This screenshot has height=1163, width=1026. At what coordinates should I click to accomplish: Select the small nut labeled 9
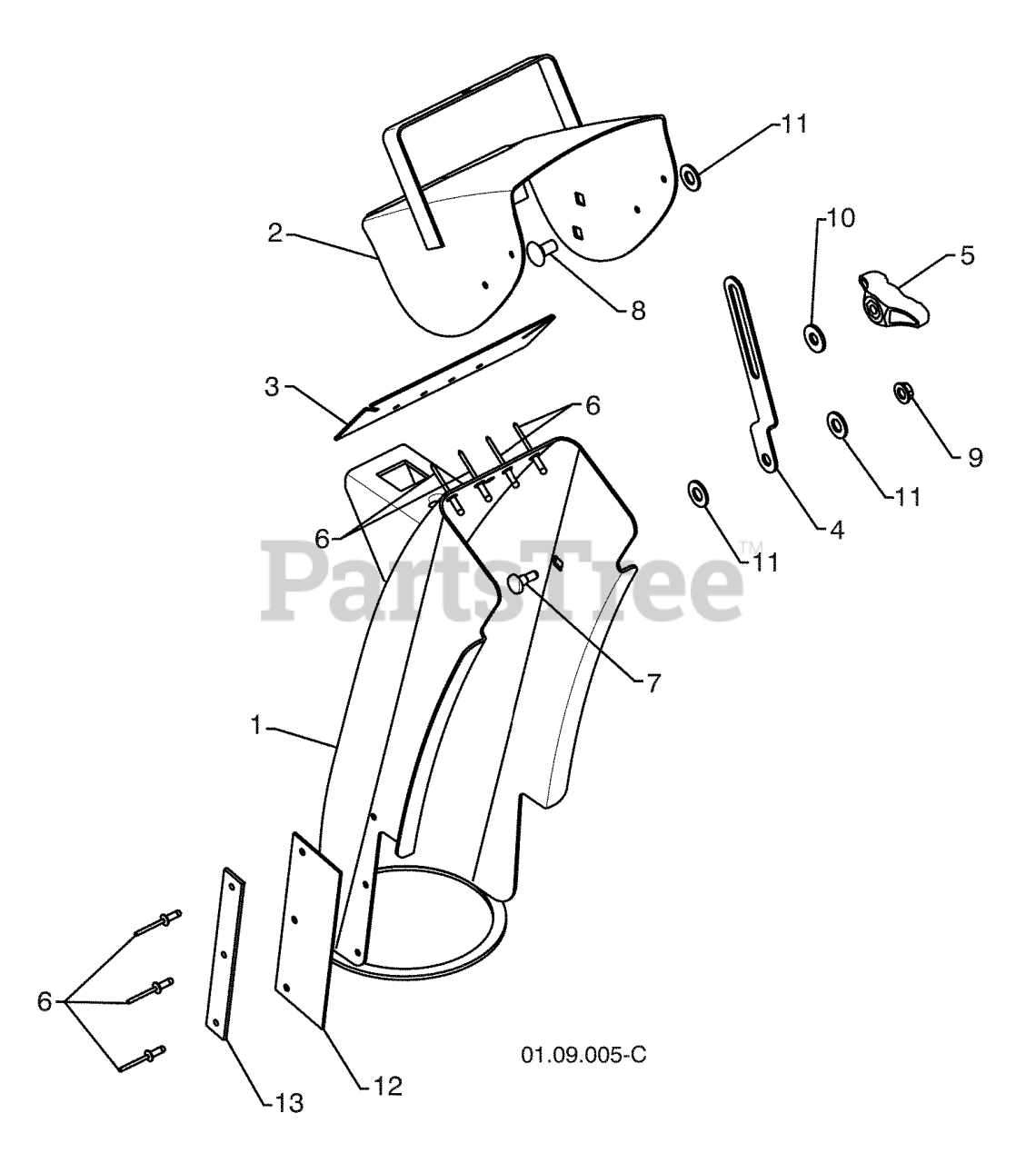point(903,393)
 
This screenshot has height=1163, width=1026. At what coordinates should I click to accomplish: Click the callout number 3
point(272,386)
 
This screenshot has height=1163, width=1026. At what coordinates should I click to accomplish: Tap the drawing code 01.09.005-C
point(583,1056)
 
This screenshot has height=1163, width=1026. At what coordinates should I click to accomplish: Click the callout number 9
point(974,458)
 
